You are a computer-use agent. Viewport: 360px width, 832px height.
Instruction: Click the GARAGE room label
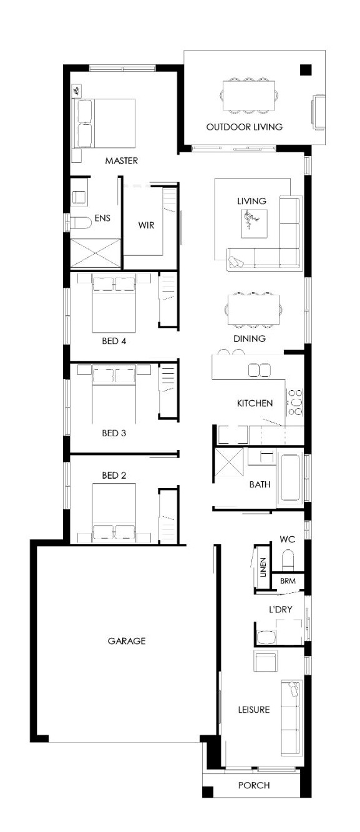pos(127,641)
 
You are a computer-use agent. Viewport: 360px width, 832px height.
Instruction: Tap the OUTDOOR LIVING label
pos(244,127)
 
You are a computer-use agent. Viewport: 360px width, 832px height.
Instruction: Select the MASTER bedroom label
pos(122,161)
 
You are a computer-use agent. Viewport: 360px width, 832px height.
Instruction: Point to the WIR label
pos(146,225)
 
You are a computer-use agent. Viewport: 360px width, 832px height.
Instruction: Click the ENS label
pos(102,218)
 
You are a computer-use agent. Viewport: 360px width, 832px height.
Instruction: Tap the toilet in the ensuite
pos(80,222)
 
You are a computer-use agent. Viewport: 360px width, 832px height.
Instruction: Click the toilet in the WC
pos(288,560)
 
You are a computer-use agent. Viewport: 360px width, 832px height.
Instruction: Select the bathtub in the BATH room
pos(290,477)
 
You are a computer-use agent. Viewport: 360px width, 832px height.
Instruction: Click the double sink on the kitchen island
pos(260,370)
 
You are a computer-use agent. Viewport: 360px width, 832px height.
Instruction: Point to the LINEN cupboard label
pos(263,567)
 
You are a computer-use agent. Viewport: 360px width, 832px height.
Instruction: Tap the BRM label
pos(288,580)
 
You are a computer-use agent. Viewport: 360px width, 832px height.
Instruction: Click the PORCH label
pos(254,785)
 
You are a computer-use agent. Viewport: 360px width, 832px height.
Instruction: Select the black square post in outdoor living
pos(306,70)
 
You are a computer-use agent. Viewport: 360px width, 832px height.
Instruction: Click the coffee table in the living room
pos(254,223)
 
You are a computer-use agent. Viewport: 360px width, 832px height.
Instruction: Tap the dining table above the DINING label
pos(253,310)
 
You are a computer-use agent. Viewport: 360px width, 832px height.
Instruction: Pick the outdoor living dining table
pos(249,95)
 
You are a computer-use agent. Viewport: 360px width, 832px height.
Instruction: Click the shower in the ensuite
pos(95,253)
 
